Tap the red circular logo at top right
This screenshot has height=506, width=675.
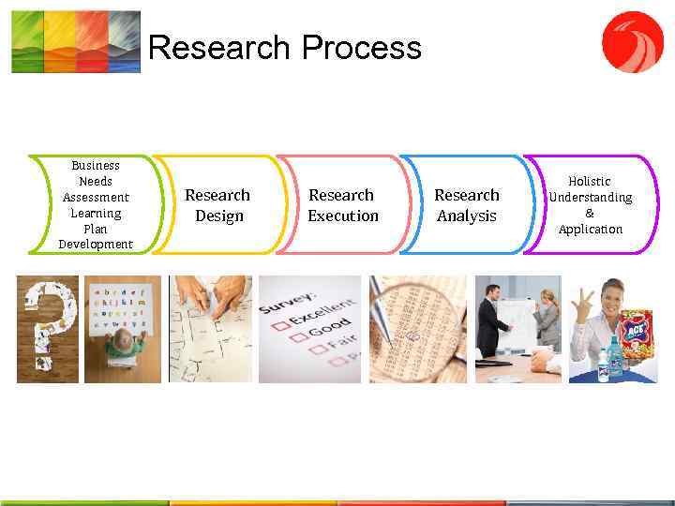click(632, 42)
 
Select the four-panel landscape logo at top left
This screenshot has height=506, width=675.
click(75, 42)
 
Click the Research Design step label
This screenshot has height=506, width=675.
click(217, 205)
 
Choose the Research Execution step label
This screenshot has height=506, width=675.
click(342, 205)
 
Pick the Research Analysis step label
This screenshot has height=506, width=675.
click(466, 205)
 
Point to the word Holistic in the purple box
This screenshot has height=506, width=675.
click(590, 181)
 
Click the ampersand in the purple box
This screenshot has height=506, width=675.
click(590, 214)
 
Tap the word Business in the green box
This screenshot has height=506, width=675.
click(96, 165)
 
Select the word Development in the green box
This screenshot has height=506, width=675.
click(96, 245)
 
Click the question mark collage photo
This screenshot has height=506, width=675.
click(47, 329)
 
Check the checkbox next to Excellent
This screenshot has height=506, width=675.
click(278, 326)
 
